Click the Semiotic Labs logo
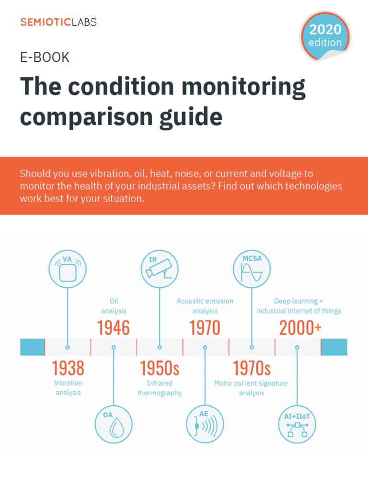click(58, 22)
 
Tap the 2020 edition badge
click(325, 36)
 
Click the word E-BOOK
click(45, 58)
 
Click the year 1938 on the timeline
click(68, 368)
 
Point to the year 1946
click(114, 328)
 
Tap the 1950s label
click(160, 368)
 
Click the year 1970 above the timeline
click(205, 328)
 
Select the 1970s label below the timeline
click(252, 368)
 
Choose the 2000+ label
click(300, 328)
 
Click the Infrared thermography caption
click(160, 388)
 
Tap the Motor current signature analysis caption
click(251, 388)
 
